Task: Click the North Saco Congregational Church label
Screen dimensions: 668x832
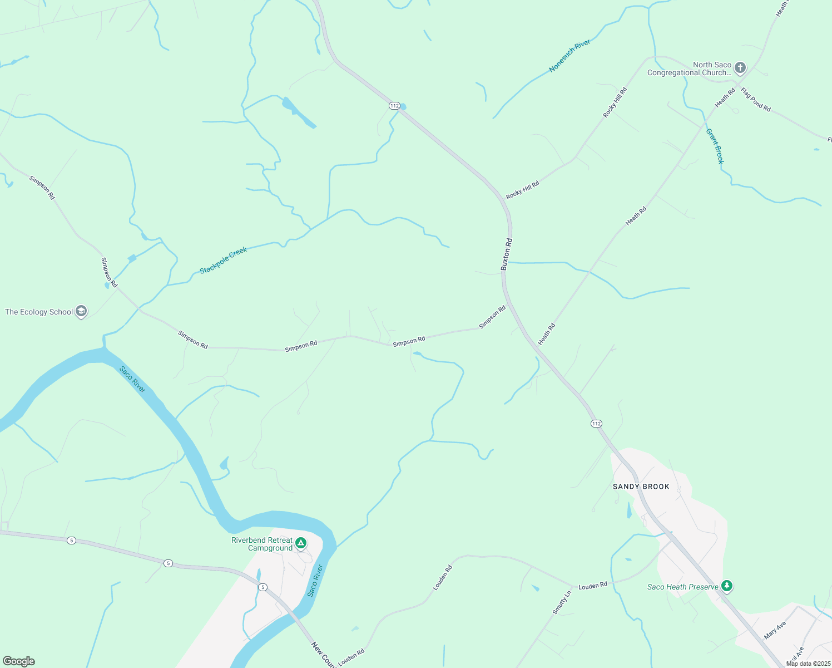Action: click(x=689, y=69)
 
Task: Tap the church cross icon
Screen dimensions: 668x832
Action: click(x=740, y=68)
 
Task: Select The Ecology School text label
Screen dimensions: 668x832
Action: click(x=39, y=312)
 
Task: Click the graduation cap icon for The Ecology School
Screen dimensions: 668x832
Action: click(x=81, y=312)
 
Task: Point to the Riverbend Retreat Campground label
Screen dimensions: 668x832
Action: click(x=262, y=544)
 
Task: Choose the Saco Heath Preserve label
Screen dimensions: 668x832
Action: click(x=682, y=587)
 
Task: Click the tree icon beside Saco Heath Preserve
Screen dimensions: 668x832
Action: click(x=726, y=586)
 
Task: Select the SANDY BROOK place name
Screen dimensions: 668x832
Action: click(x=641, y=487)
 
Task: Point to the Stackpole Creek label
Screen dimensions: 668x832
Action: click(x=223, y=261)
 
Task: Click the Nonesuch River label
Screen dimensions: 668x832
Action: click(x=569, y=56)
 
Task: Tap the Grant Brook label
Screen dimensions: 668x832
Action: click(x=715, y=146)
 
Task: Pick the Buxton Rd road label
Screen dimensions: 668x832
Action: click(x=507, y=254)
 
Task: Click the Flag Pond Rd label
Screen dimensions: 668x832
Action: click(x=756, y=100)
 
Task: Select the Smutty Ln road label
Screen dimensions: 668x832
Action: click(x=562, y=602)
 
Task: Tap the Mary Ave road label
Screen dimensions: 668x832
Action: click(x=775, y=630)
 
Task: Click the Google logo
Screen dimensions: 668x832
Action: click(x=18, y=661)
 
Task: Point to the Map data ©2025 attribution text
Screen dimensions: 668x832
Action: click(x=808, y=664)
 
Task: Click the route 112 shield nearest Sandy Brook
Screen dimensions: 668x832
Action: click(x=596, y=424)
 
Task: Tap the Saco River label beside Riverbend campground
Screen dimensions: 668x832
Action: click(x=315, y=581)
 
